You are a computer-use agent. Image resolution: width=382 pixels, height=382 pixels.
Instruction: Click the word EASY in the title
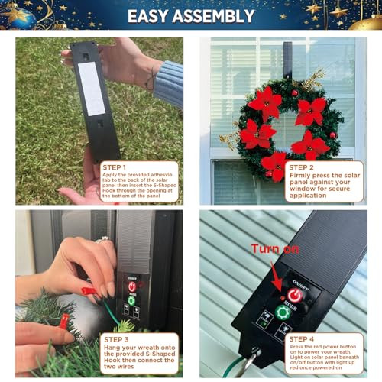(x=150, y=16)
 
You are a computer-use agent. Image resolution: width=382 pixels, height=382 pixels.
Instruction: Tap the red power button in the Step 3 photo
(x=131, y=286)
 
